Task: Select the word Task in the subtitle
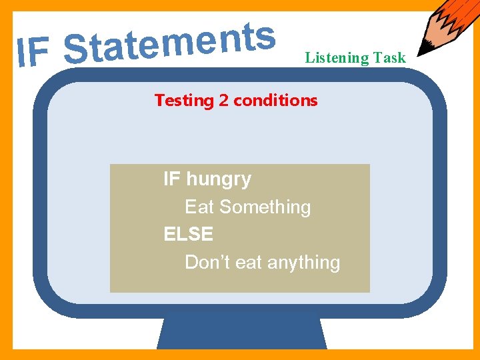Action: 389,58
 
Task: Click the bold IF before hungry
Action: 172,179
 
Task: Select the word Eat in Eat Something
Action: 199,207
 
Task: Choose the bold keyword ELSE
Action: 188,235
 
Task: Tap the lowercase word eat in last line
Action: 249,263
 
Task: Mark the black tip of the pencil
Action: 422,51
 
